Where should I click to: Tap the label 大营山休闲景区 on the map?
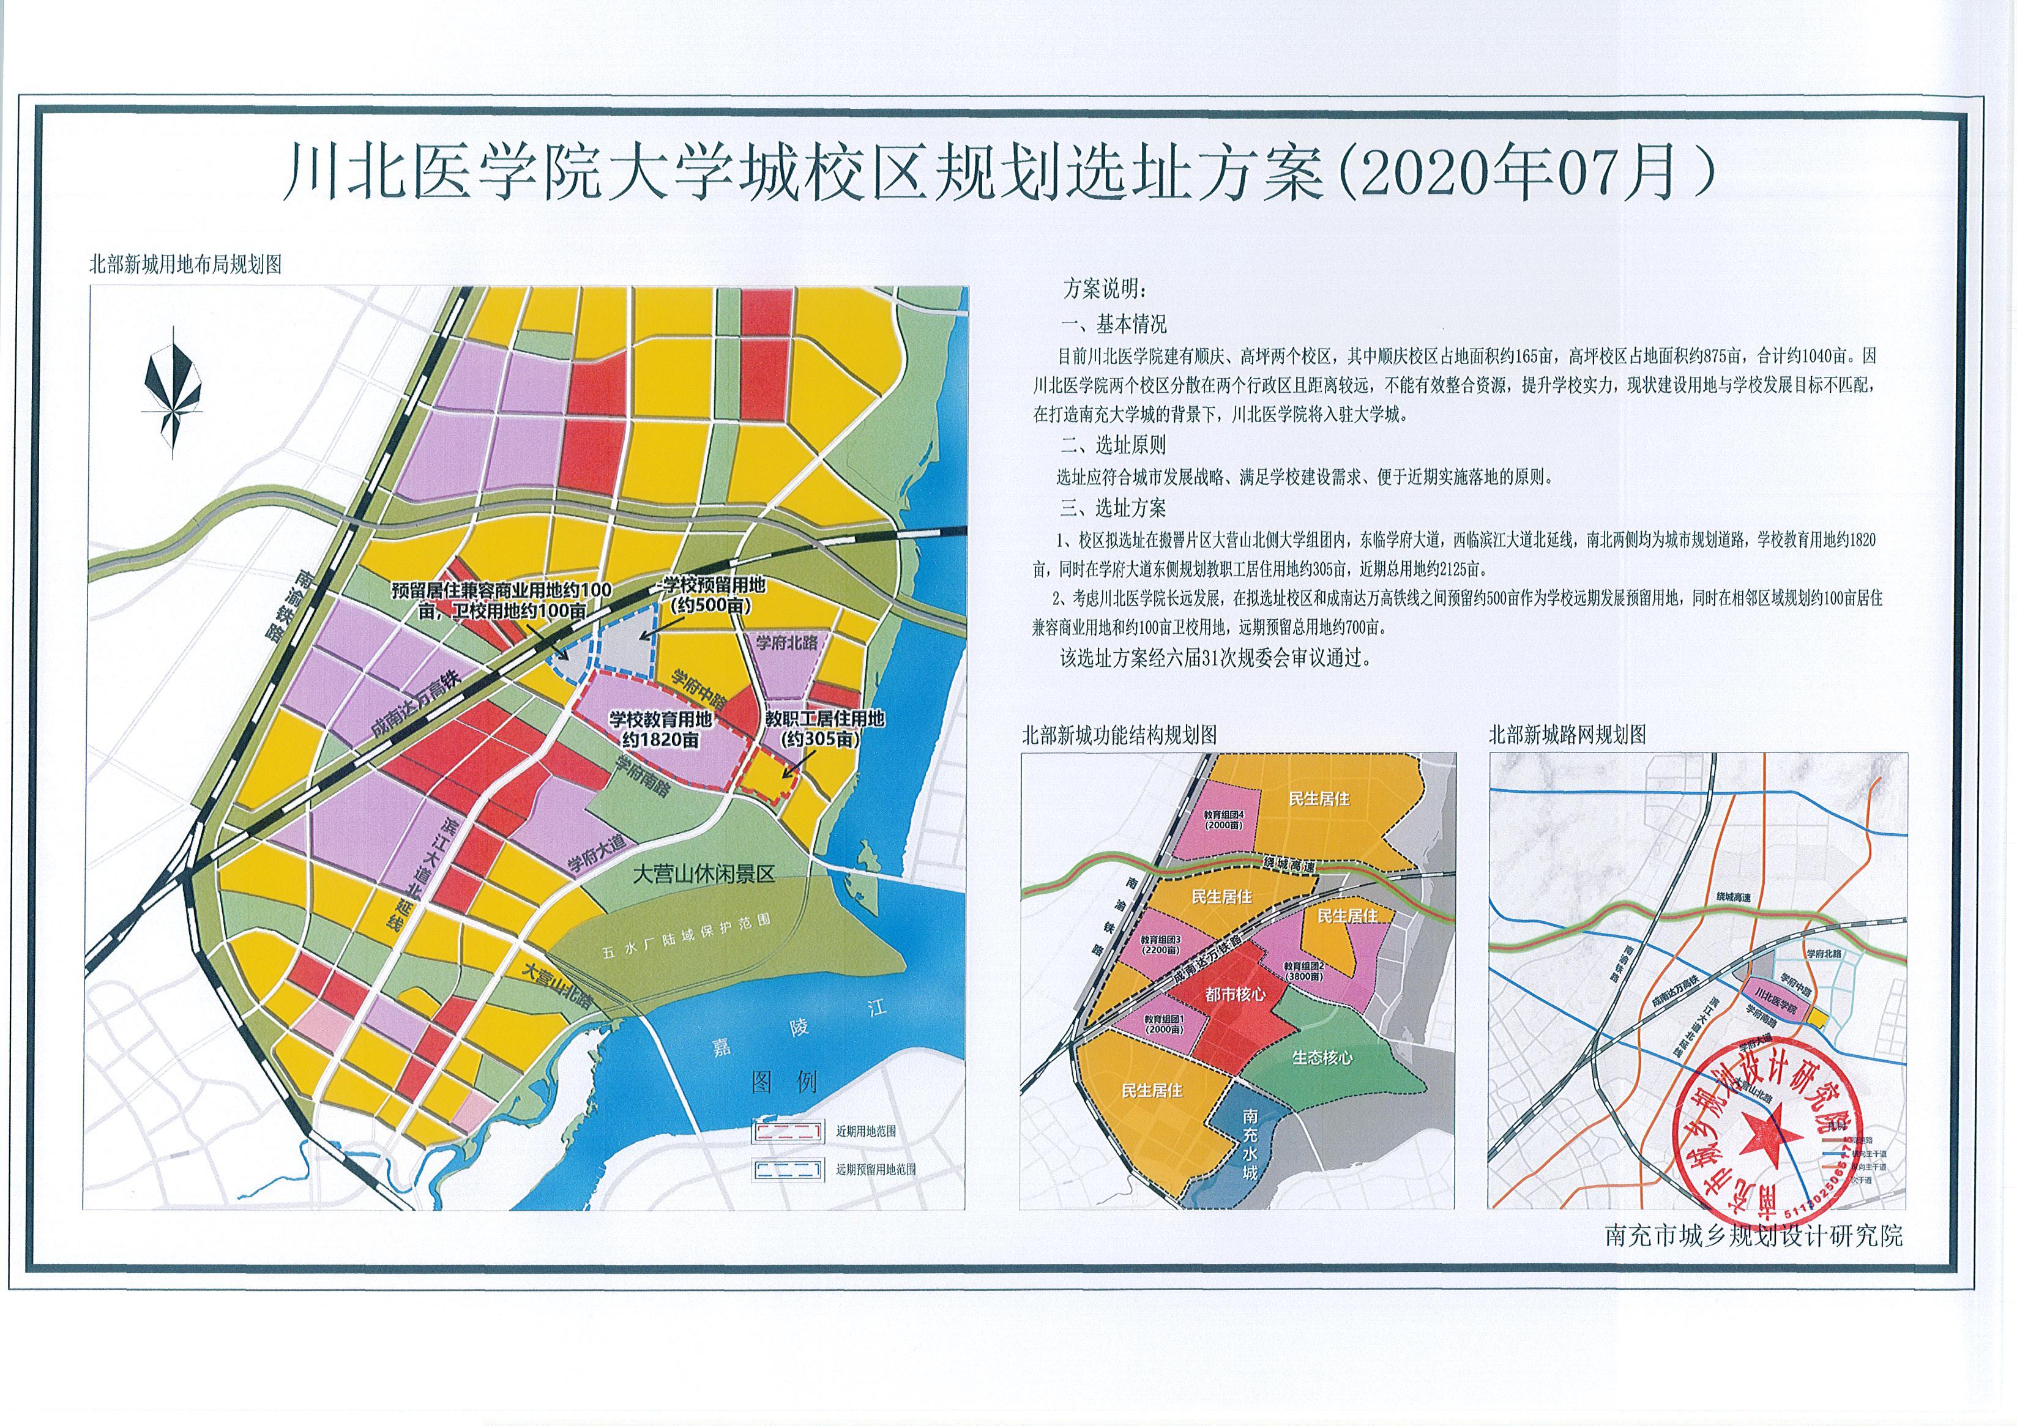pyautogui.click(x=704, y=874)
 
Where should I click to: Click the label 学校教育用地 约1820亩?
pyautogui.click(x=661, y=728)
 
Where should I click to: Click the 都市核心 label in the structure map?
pyautogui.click(x=1234, y=994)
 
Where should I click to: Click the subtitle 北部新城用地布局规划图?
pyautogui.click(x=185, y=264)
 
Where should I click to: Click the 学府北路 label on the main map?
pyautogui.click(x=787, y=643)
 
